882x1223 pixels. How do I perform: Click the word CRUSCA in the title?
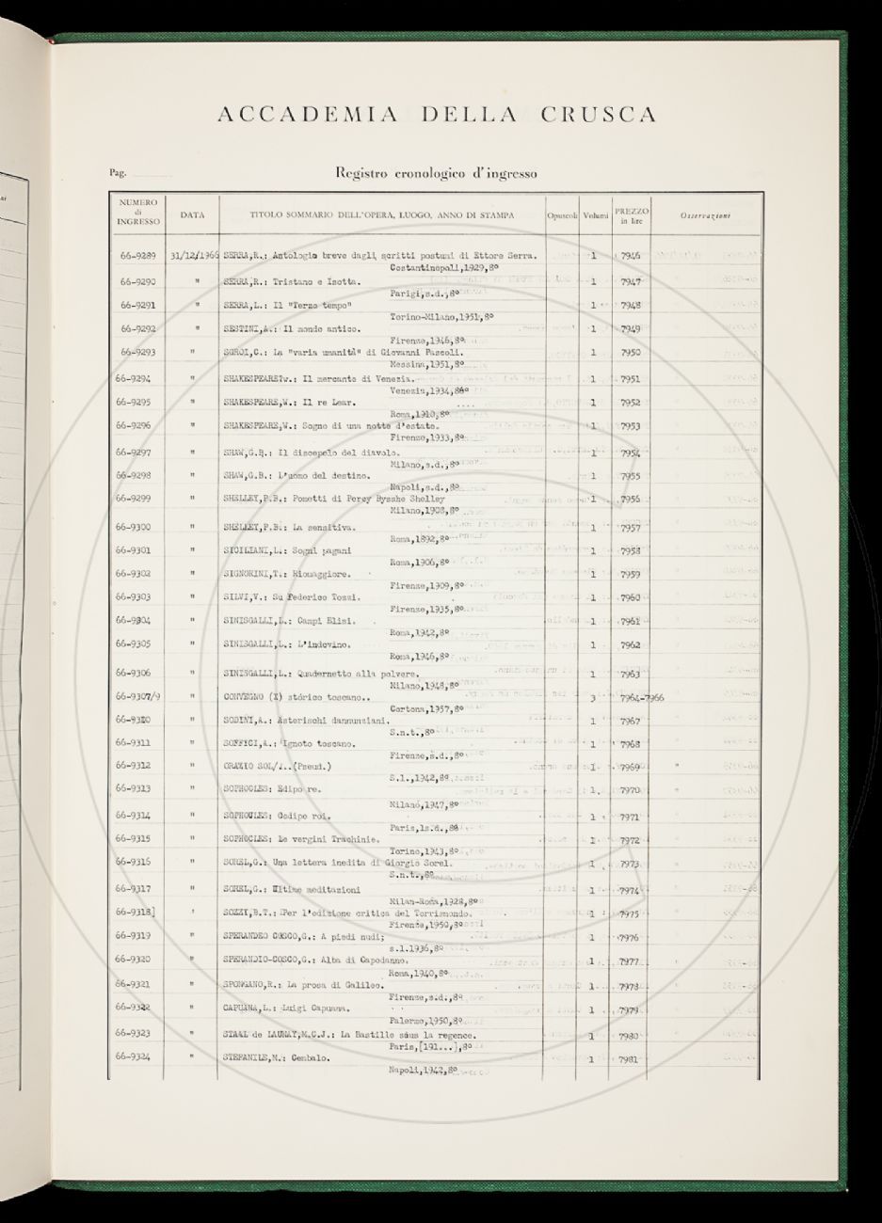coord(599,116)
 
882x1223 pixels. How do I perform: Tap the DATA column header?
coord(192,215)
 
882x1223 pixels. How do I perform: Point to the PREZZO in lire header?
coord(631,215)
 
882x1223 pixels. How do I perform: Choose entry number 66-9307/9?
coord(137,696)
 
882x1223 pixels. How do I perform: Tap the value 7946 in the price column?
coord(631,256)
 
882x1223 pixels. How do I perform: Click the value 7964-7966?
coord(643,698)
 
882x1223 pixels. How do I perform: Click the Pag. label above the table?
coord(118,173)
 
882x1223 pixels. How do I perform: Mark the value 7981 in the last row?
coord(630,1059)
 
